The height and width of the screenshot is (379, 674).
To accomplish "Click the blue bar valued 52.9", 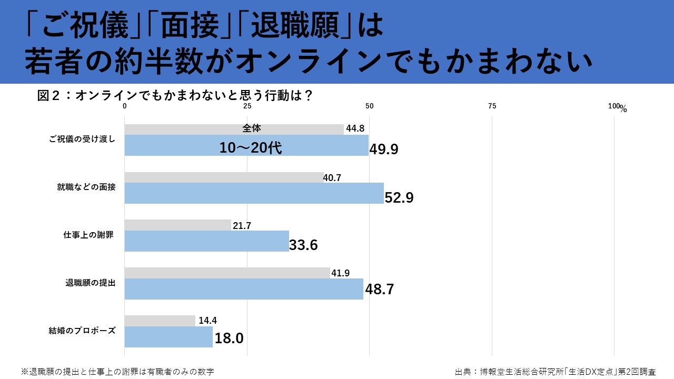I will [254, 193].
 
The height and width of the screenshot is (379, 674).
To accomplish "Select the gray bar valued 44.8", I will [234, 129].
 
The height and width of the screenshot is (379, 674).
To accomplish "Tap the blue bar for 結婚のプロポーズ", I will [168, 337].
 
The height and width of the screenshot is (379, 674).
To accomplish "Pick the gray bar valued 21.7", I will [177, 225].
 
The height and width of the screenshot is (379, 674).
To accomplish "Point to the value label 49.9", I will [383, 149].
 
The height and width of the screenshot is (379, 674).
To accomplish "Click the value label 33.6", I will [303, 245].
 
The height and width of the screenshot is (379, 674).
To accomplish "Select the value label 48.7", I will [379, 290].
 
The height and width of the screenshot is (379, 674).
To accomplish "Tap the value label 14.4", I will [208, 320].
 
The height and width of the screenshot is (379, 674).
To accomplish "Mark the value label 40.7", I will [332, 178].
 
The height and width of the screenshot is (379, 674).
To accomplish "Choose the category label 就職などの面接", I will [86, 187].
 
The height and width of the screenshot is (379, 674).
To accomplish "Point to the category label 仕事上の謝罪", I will [88, 235].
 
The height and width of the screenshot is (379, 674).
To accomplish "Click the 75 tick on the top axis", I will [492, 106].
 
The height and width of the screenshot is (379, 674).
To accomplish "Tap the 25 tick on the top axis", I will [247, 106].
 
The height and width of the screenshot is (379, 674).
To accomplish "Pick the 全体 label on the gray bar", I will [252, 128].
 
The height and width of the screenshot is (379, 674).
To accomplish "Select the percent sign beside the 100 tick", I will [623, 109].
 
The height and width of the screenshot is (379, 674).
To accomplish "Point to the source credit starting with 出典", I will [556, 371].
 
